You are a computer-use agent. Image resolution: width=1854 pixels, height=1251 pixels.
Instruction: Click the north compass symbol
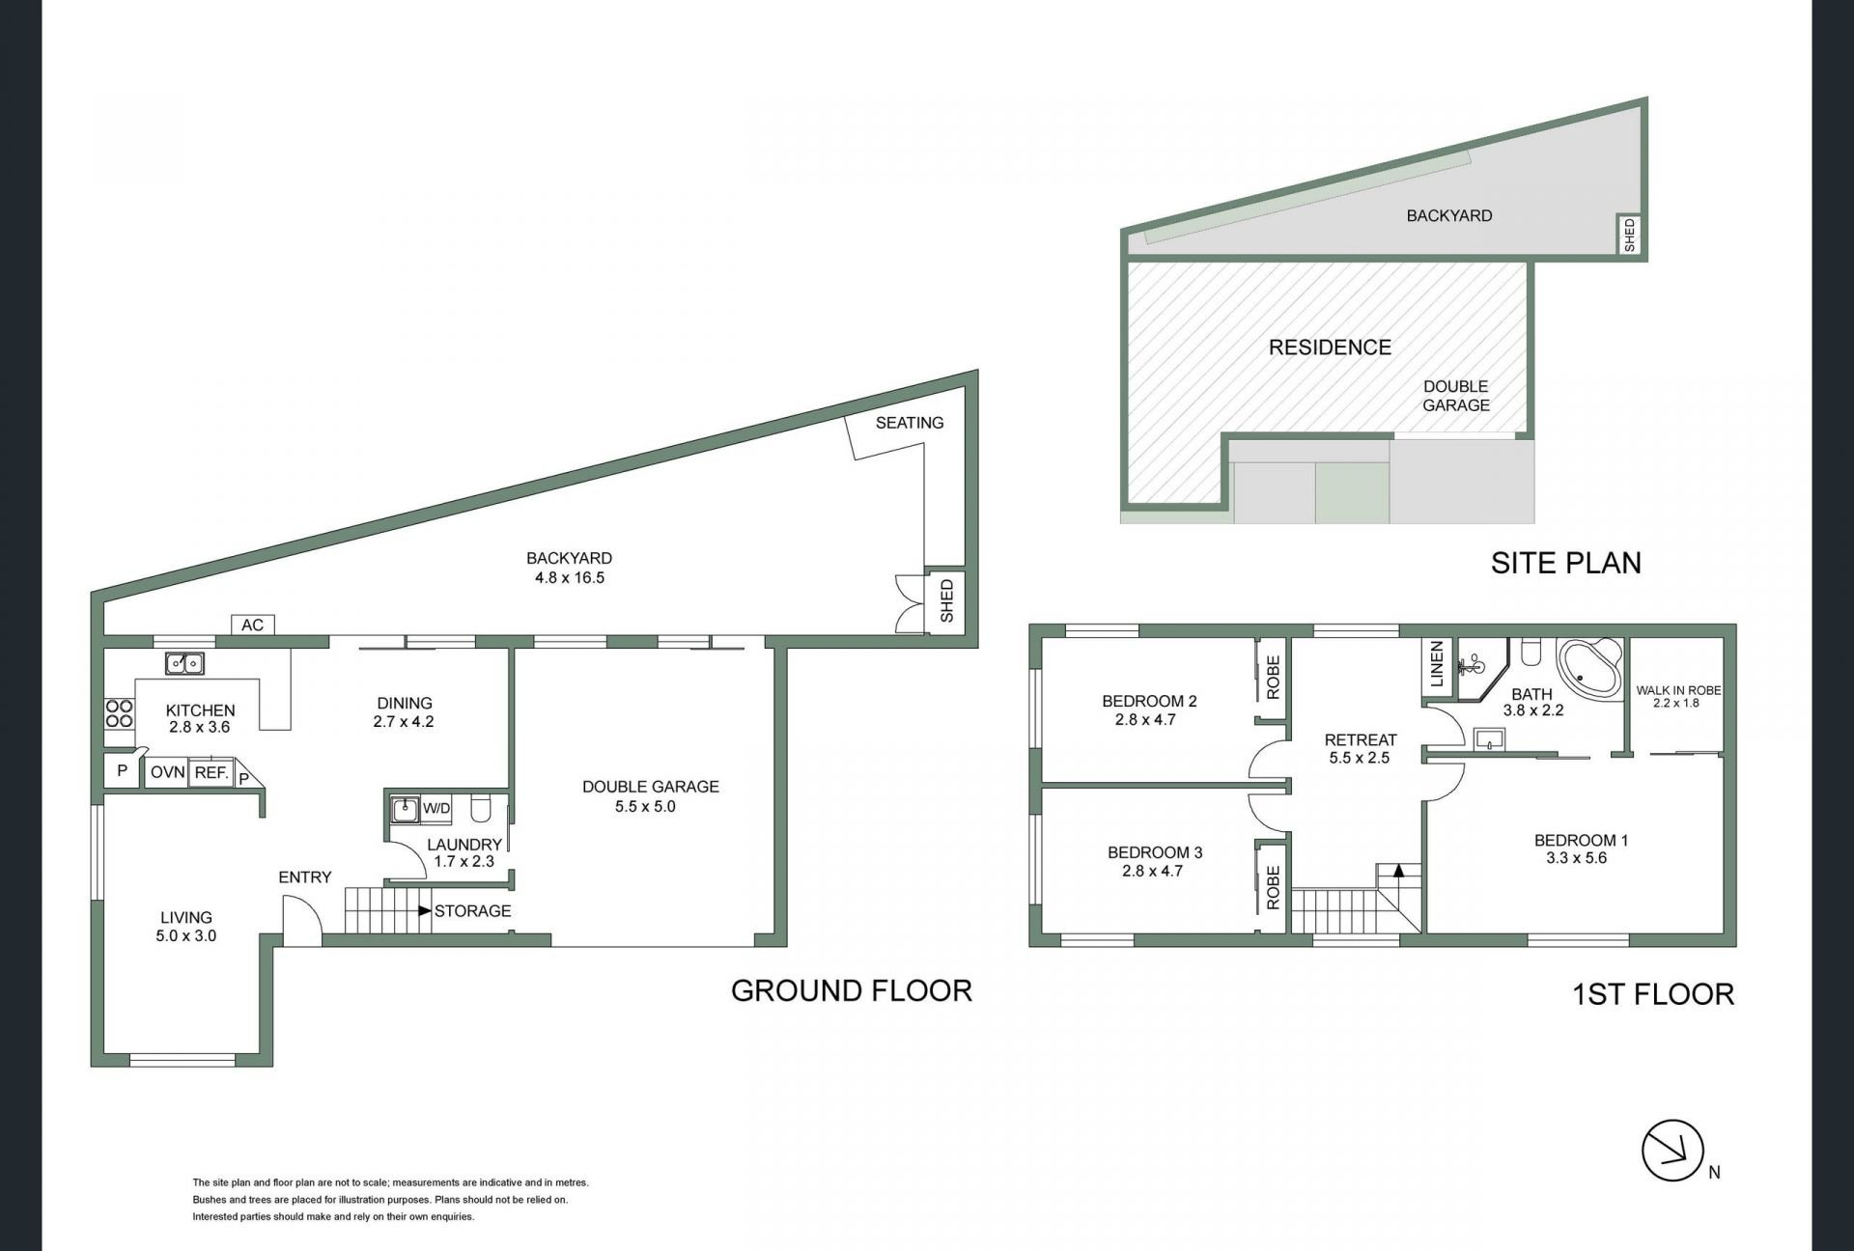(x=1671, y=1150)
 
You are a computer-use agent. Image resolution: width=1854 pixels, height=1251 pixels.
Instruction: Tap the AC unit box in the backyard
(x=253, y=625)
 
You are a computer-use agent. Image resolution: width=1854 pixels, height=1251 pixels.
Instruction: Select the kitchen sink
(x=184, y=662)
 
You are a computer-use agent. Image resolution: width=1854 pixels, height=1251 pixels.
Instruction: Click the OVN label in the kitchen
(x=167, y=773)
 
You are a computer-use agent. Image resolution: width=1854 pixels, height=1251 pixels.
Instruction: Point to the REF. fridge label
(x=211, y=773)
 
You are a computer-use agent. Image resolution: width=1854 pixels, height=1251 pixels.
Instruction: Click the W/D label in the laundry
(x=436, y=808)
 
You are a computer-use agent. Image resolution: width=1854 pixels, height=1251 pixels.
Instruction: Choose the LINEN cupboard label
(x=1436, y=664)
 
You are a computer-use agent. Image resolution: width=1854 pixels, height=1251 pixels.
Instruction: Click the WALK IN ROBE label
(x=1678, y=690)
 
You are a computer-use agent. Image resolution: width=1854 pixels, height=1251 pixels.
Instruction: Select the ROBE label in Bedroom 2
(x=1273, y=677)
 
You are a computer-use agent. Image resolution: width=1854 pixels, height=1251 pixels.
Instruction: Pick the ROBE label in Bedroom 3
(x=1273, y=887)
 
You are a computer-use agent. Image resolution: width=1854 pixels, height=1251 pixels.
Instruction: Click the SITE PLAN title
(x=1565, y=563)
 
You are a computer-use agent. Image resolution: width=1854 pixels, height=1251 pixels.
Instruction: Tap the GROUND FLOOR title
(x=852, y=990)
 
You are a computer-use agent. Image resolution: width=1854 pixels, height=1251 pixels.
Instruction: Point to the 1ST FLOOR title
(x=1653, y=994)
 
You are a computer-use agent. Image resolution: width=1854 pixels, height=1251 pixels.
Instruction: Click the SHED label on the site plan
(x=1630, y=236)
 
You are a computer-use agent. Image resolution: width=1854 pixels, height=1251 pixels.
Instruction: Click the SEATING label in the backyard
(x=910, y=423)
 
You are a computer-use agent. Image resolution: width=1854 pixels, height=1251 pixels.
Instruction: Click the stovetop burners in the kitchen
(x=119, y=713)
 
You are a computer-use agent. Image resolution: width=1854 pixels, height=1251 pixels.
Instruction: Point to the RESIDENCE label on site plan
(x=1330, y=347)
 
